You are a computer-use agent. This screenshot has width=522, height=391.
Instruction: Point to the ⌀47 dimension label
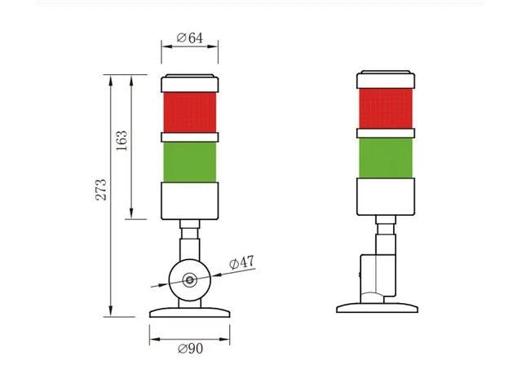click(242, 263)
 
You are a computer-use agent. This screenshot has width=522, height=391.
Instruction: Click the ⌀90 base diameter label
click(189, 349)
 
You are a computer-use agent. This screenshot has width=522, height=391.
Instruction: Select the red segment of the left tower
click(190, 112)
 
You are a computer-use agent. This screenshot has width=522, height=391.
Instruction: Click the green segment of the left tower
click(190, 161)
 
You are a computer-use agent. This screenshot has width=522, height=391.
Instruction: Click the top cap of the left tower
click(190, 84)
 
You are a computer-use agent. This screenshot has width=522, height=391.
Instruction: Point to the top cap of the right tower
click(386, 80)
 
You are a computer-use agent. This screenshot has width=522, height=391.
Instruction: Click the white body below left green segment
click(190, 200)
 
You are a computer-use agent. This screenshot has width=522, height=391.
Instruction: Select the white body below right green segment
click(386, 195)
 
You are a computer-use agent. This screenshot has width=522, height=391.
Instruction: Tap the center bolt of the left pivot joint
click(190, 280)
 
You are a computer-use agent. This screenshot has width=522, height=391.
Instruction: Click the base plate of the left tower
click(189, 311)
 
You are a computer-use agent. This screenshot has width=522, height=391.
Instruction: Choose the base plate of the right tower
click(378, 307)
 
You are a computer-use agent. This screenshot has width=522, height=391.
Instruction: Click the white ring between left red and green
click(190, 136)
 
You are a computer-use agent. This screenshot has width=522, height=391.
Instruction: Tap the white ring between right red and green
click(386, 132)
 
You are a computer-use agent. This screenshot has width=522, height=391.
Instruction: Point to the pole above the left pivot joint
click(190, 243)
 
